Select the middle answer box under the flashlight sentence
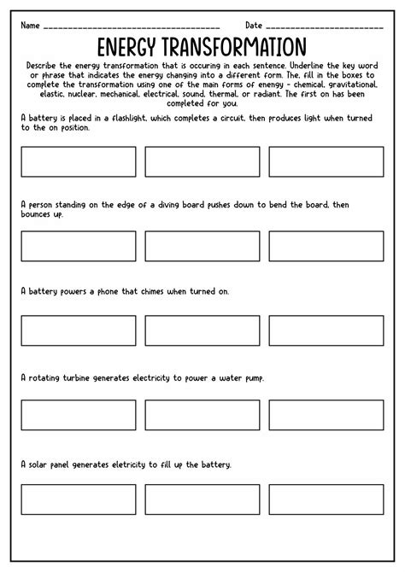[x=202, y=161]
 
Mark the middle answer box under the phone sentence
[x=202, y=330]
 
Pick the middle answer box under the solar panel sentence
[x=202, y=499]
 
